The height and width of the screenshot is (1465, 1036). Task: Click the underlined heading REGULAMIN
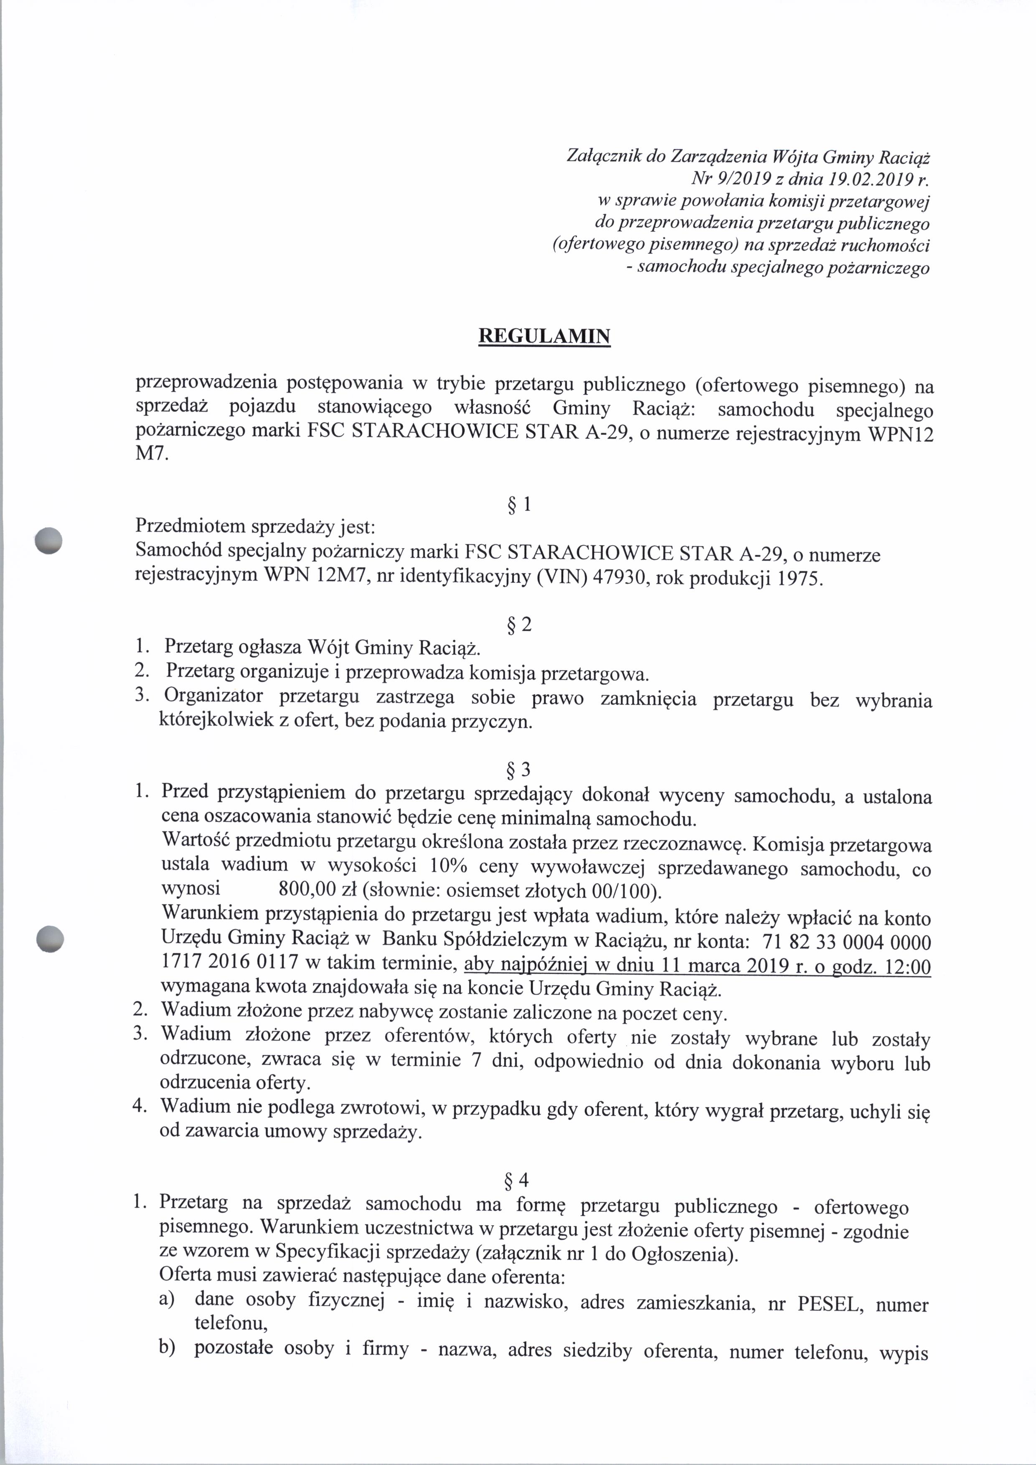544,336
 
